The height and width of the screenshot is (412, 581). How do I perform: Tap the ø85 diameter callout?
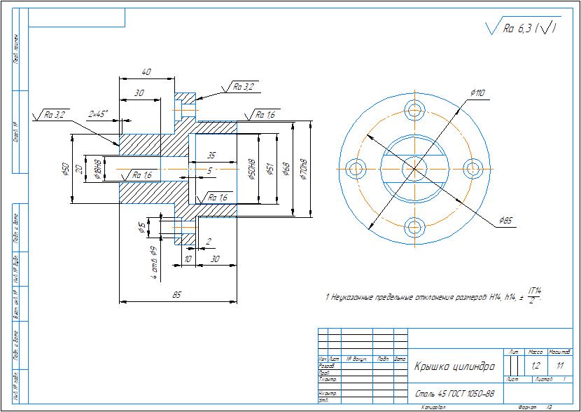click(505, 221)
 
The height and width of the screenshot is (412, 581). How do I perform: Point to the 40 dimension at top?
click(147, 71)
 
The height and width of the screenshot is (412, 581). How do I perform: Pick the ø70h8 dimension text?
click(304, 168)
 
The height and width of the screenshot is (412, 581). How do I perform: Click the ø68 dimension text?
click(285, 168)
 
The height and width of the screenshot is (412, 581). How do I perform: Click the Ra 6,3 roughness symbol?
click(521, 29)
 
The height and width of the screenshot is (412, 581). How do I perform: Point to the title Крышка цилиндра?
click(454, 366)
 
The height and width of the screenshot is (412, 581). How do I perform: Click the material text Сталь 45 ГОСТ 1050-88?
click(455, 394)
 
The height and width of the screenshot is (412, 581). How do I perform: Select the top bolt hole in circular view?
click(415, 110)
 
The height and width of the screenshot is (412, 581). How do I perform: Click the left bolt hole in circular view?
click(358, 168)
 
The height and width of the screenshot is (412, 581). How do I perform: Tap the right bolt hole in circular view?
click(474, 168)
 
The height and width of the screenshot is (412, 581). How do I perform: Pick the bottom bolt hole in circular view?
click(415, 226)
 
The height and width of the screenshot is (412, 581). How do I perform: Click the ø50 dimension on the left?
click(65, 169)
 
